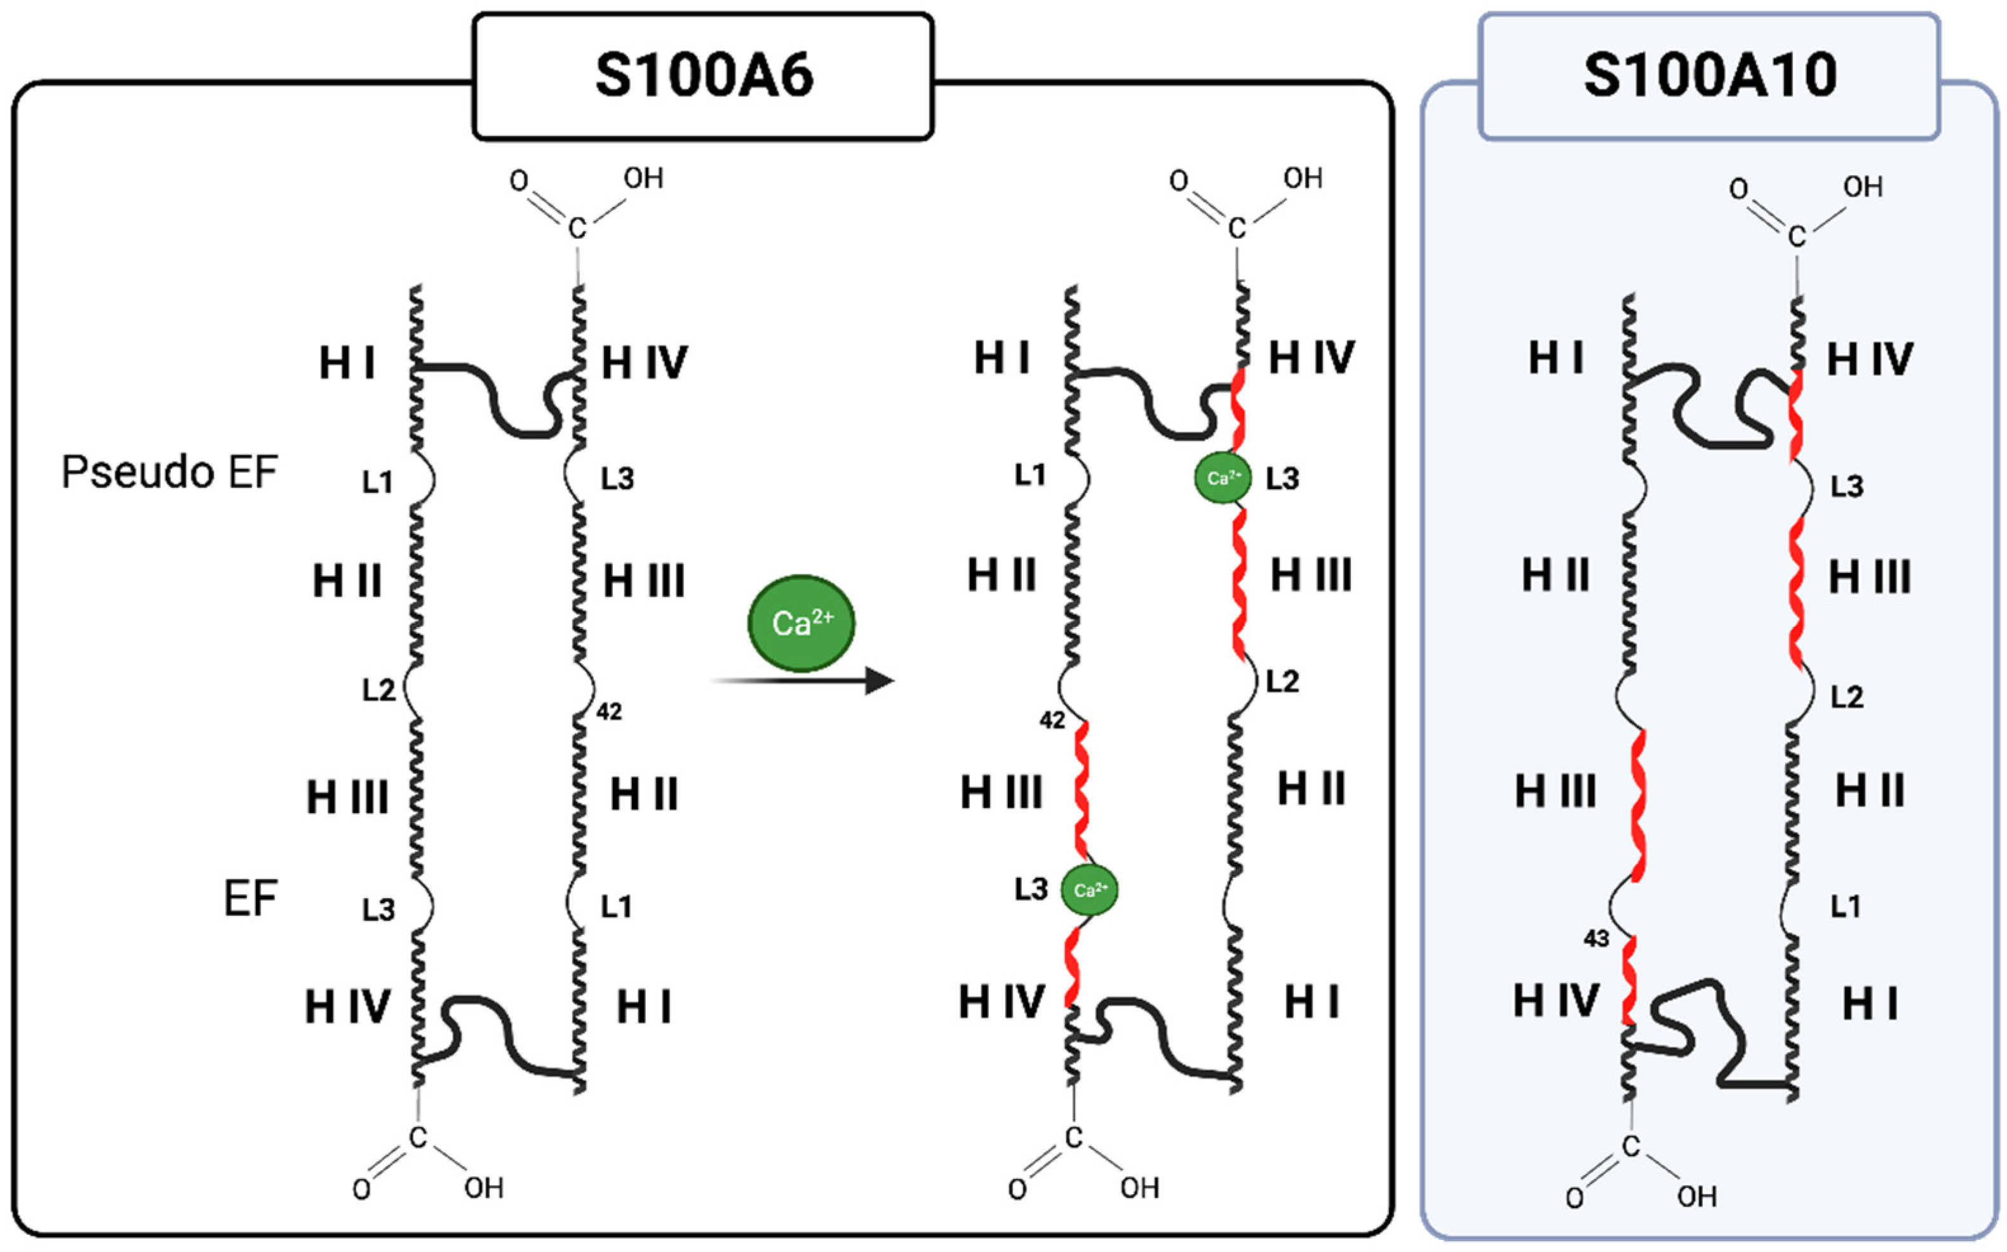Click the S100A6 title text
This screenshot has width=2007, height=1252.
tap(704, 76)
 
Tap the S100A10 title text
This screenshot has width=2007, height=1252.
tap(1710, 76)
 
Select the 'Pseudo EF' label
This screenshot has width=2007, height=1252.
tap(170, 473)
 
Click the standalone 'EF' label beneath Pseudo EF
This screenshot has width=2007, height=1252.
tap(250, 898)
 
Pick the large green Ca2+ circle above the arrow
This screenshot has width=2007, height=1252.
tap(801, 623)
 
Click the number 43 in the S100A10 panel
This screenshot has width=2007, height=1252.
tap(1596, 938)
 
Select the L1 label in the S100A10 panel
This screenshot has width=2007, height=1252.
tap(1846, 906)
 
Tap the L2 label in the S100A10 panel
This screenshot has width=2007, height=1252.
tap(1847, 697)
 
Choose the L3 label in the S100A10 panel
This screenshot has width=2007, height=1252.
tap(1847, 486)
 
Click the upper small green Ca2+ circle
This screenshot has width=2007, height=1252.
tap(1223, 478)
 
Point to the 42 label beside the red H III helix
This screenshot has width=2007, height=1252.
tap(1052, 720)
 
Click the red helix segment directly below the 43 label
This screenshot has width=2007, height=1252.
tap(1628, 981)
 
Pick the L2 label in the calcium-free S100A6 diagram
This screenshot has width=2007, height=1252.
tap(379, 690)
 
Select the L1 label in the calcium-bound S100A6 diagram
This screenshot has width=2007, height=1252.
tap(1030, 475)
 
